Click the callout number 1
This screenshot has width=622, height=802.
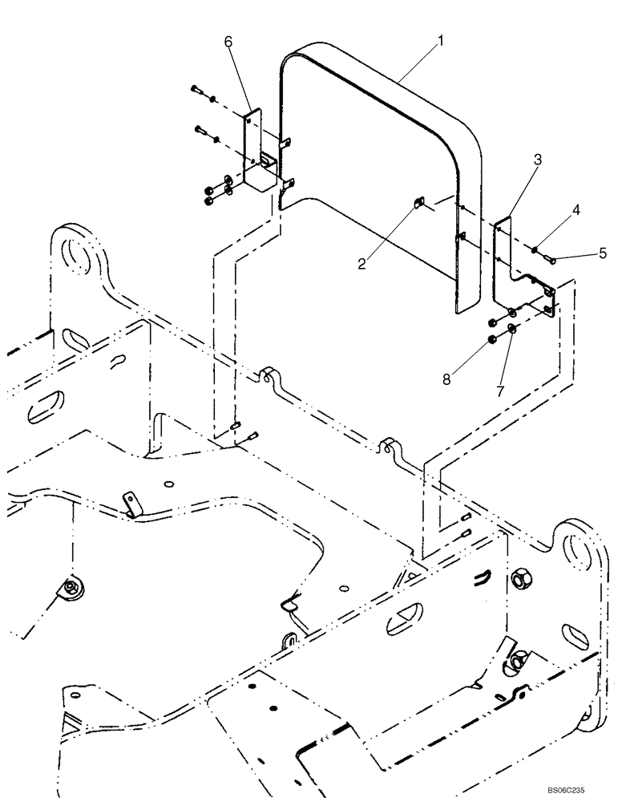coord(440,39)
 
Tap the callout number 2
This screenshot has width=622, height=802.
coord(362,263)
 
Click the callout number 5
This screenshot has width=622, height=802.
coord(603,253)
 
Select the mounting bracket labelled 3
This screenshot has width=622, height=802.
coord(513,265)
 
